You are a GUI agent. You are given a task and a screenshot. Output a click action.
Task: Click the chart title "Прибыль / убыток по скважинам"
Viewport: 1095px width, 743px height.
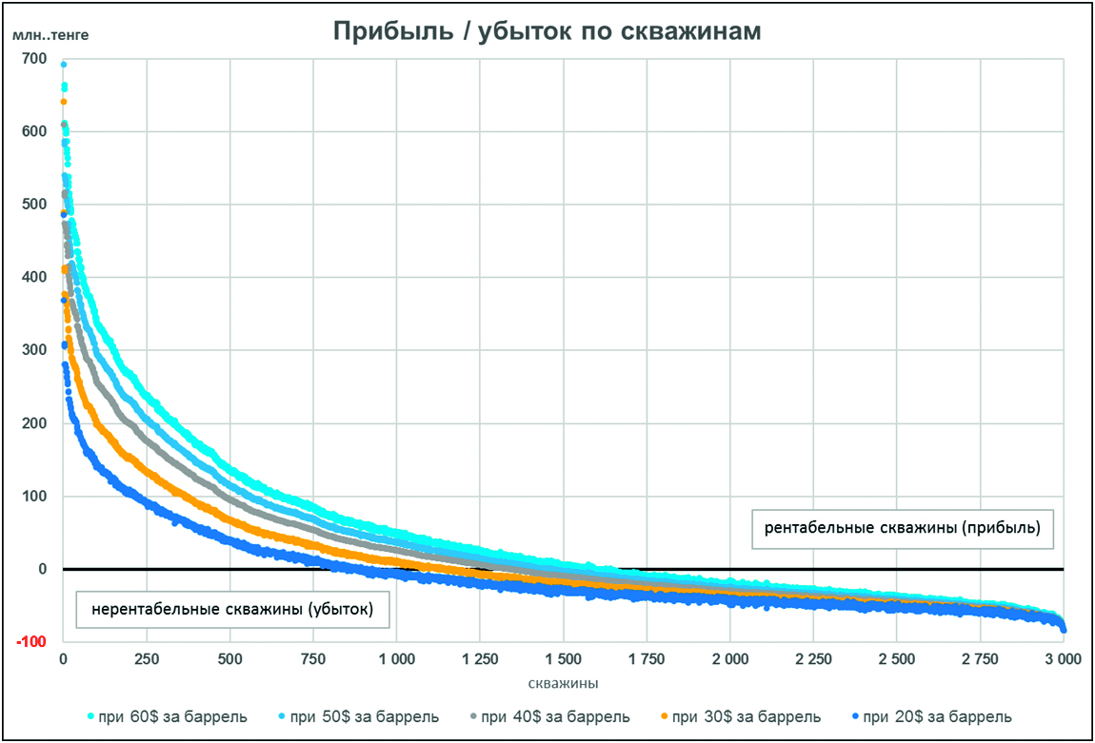(x=547, y=31)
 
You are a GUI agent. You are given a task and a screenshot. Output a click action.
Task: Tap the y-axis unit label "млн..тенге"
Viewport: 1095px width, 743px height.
(x=50, y=36)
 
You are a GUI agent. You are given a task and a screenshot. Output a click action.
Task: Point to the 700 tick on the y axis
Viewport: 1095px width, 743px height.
(x=33, y=59)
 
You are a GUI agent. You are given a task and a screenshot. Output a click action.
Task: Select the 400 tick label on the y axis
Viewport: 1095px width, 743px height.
(x=33, y=278)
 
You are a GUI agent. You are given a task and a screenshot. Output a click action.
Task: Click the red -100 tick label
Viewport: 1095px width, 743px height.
(x=31, y=642)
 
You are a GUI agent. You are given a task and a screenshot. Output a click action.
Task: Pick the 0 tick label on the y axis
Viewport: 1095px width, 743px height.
(x=42, y=570)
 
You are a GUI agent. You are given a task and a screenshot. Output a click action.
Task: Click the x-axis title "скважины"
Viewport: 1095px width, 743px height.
(x=562, y=683)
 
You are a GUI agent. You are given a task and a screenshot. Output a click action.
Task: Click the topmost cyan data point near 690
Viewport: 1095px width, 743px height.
(x=64, y=65)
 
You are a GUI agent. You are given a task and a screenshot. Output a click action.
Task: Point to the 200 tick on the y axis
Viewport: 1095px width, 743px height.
(x=33, y=423)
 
